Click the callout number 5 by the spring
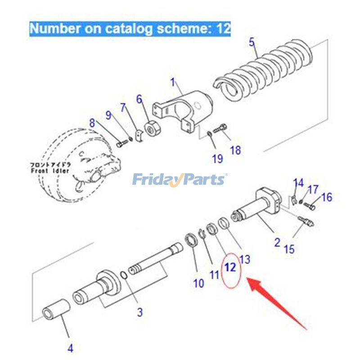click(x=252, y=43)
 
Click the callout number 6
click(x=139, y=99)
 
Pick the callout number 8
click(x=92, y=122)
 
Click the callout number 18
click(x=235, y=150)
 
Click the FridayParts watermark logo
click(x=180, y=180)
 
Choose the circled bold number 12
click(x=230, y=267)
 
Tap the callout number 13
click(x=245, y=259)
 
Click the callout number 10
click(x=198, y=283)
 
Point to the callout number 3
click(x=140, y=311)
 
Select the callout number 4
click(x=70, y=347)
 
